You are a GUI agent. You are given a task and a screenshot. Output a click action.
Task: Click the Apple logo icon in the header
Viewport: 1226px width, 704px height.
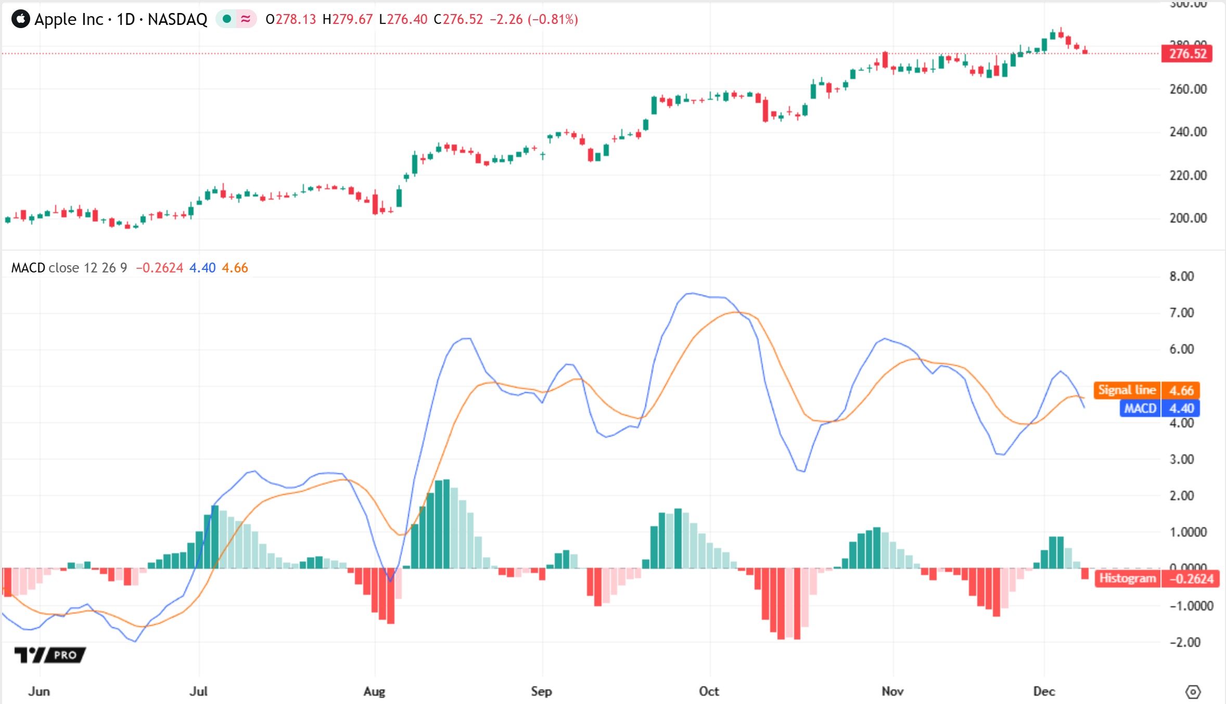point(21,19)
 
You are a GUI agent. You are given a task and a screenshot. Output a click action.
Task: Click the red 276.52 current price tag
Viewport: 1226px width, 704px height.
point(1187,54)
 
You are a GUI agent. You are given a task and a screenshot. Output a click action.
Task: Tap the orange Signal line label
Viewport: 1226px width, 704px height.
point(1127,390)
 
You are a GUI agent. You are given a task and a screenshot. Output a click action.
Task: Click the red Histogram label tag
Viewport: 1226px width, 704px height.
point(1127,579)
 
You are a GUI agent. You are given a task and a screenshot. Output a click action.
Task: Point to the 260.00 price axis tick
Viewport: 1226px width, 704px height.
point(1187,89)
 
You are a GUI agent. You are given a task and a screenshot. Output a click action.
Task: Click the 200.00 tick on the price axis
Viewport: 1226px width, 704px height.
point(1187,218)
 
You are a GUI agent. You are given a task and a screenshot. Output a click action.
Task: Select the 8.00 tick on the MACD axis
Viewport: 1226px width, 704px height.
point(1181,276)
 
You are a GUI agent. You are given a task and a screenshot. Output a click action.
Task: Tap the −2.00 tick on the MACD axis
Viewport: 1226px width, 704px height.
point(1184,642)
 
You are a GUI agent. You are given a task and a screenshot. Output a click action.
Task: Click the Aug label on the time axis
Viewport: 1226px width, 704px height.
point(374,691)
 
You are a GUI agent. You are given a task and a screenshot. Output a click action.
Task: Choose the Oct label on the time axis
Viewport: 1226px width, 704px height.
point(709,691)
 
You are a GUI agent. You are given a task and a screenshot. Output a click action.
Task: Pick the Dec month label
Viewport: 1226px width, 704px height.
point(1044,691)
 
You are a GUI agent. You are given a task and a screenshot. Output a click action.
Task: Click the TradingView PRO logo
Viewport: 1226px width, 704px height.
point(50,655)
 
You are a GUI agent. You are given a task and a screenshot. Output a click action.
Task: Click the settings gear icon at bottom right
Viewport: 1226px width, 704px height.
point(1193,692)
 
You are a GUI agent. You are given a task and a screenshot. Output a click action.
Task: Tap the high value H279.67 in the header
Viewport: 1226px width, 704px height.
point(348,19)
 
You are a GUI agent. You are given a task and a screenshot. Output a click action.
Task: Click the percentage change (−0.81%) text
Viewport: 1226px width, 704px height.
point(553,19)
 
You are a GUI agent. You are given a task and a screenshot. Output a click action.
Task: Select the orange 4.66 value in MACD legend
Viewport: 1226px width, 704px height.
point(235,268)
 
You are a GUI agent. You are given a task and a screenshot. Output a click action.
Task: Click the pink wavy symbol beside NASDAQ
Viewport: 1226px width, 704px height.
point(246,19)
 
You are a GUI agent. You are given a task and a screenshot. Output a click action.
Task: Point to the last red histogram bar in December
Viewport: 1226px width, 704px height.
point(1085,573)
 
